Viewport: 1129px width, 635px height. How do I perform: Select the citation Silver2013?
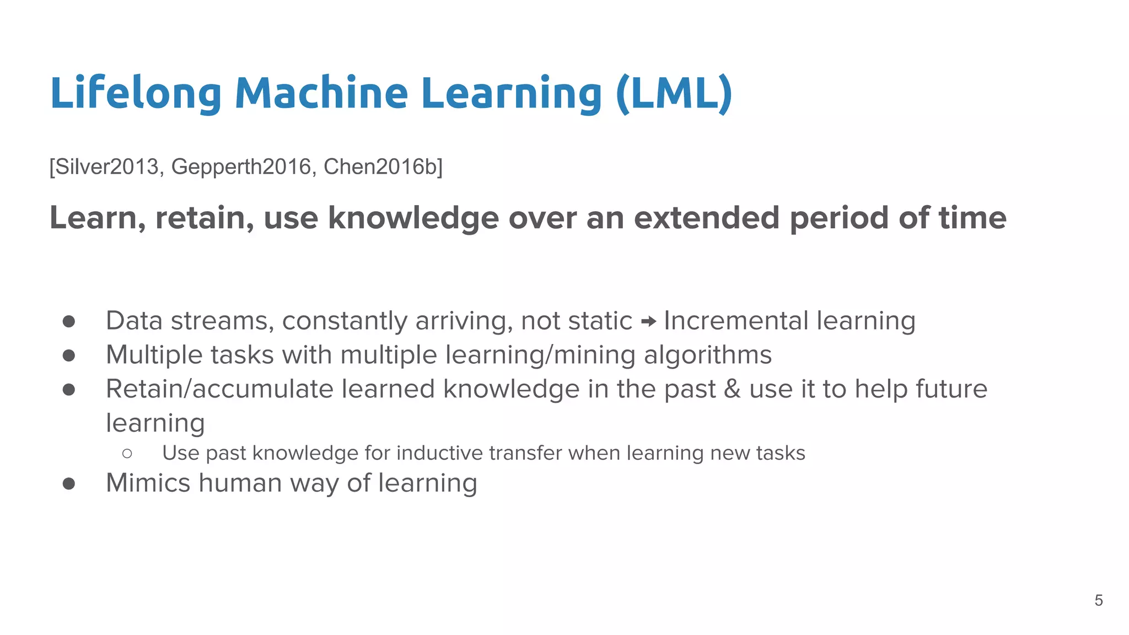click(107, 166)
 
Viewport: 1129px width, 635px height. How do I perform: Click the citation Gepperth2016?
click(241, 166)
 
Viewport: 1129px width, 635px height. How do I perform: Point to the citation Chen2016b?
click(380, 166)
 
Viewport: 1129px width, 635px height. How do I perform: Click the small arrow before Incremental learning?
click(648, 321)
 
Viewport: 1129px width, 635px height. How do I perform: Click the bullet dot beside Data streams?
click(69, 321)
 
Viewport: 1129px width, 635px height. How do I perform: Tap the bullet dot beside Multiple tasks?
click(69, 356)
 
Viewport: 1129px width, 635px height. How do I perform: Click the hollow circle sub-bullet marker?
click(127, 454)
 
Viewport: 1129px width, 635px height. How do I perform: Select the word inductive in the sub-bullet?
click(439, 453)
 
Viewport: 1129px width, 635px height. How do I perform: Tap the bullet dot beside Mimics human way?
click(69, 483)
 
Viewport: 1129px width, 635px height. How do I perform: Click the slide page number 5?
click(1098, 600)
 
